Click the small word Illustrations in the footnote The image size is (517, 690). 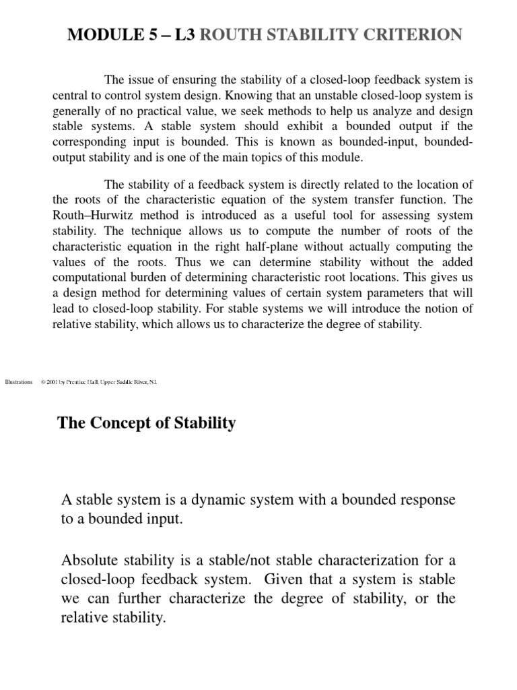point(18,382)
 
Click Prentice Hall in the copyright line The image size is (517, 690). point(83,382)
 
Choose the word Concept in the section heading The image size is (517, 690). point(119,423)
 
